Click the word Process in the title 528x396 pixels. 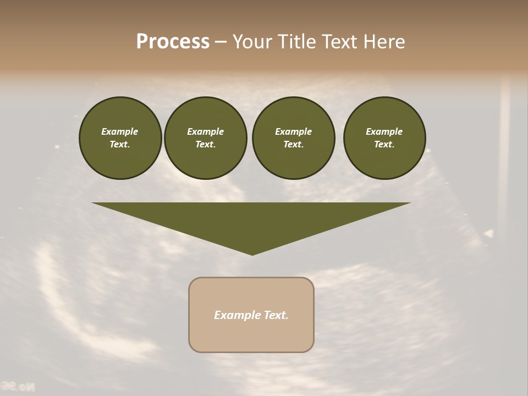[173, 42]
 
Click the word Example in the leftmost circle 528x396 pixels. [120, 131]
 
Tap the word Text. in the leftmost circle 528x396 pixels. [120, 144]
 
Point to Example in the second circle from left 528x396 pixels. [206, 131]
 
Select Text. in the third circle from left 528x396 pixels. [293, 144]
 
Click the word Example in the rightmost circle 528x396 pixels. [384, 131]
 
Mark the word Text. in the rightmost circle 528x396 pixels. [384, 144]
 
